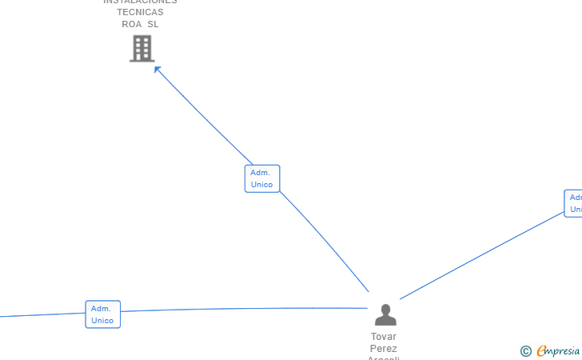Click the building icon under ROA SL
pos(142,49)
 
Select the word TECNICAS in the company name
pos(140,12)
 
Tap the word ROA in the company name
pos(132,24)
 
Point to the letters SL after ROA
pos(153,24)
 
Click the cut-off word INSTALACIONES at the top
pos(140,2)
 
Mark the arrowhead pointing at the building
pos(157,70)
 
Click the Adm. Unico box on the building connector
pos(261,178)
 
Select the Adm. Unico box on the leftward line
pos(102,314)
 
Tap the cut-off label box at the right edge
pos(573,203)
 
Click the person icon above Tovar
pos(385,314)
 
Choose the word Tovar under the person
pos(384,337)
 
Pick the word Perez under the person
pos(384,349)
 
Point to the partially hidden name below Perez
pos(384,358)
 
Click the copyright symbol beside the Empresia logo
pos(525,351)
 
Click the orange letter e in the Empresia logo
pos(541,351)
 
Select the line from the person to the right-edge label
pos(480,256)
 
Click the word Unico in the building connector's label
pos(261,185)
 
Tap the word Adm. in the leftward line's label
pos(101,309)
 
